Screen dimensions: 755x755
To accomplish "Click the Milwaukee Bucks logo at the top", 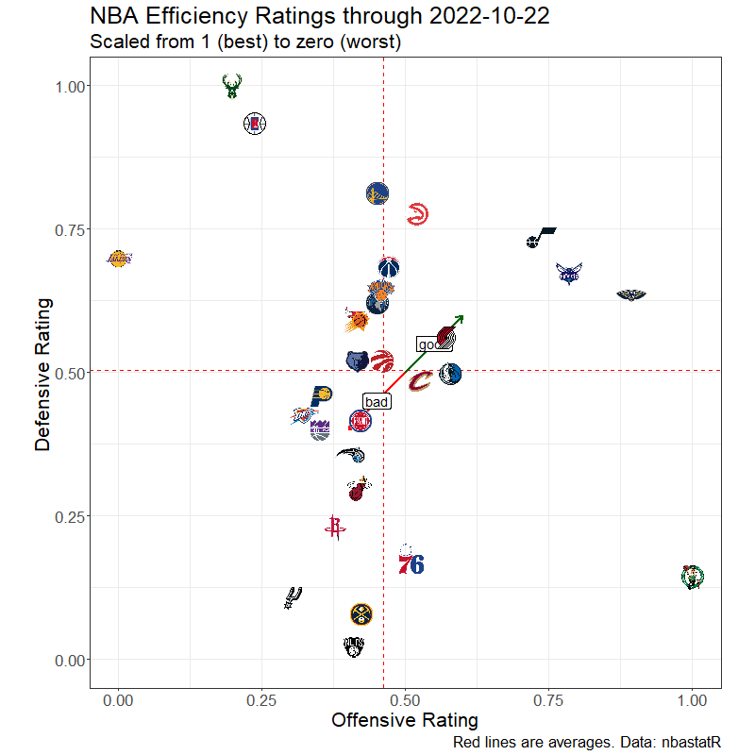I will click(x=229, y=87).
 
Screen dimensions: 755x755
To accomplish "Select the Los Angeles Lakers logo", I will click(x=118, y=259).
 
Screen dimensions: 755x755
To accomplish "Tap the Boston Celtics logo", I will click(x=693, y=576).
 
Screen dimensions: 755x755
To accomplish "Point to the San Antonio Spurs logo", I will click(x=293, y=596).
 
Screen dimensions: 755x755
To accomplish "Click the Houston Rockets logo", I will click(x=333, y=528).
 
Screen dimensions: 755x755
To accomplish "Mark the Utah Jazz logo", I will click(x=540, y=238).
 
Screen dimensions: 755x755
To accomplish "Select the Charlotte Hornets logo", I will click(x=569, y=274).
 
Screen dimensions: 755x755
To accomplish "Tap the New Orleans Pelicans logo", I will click(x=631, y=295).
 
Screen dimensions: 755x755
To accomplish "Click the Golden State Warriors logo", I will click(x=377, y=194).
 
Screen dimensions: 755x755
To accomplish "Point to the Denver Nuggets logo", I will click(x=361, y=615).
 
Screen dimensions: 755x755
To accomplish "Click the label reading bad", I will click(x=377, y=402).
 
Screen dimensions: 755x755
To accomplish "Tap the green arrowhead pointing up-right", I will click(x=459, y=319).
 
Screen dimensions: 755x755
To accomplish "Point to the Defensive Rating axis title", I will click(x=42, y=373).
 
